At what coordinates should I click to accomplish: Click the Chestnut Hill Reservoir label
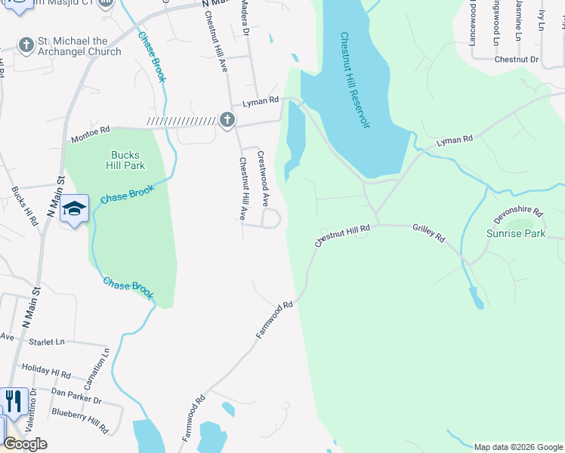click(x=354, y=80)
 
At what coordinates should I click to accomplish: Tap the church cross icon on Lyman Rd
click(x=227, y=120)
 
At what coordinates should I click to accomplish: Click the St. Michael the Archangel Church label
click(x=79, y=47)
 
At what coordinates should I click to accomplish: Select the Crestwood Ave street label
click(x=264, y=179)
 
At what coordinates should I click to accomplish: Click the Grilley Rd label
click(x=429, y=233)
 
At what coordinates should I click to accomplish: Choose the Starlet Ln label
click(x=47, y=342)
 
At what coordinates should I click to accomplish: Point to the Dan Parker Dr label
click(x=76, y=395)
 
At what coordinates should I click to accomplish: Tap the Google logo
click(x=26, y=444)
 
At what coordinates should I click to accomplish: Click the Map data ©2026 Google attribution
click(x=518, y=447)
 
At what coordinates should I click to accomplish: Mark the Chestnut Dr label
click(x=517, y=59)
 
